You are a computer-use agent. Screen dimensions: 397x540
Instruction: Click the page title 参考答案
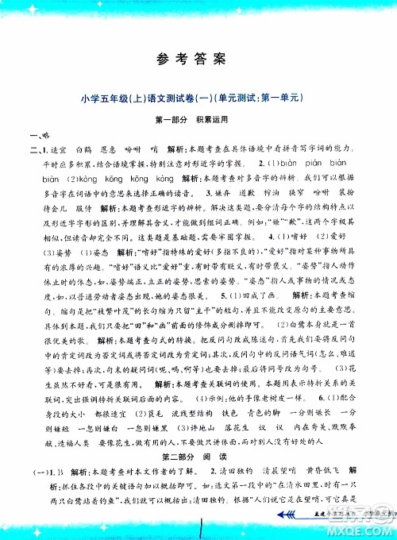(198, 59)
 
